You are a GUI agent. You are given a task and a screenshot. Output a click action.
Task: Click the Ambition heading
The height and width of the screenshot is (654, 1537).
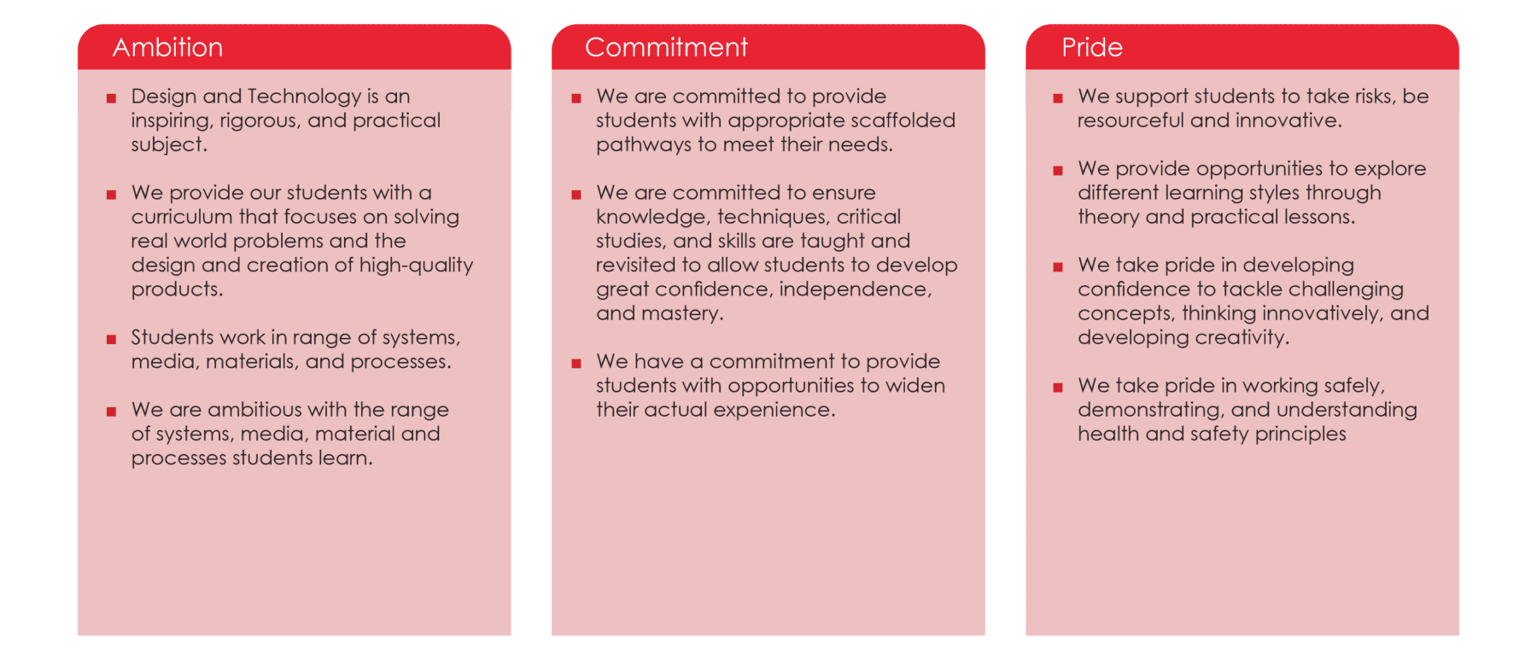tap(167, 47)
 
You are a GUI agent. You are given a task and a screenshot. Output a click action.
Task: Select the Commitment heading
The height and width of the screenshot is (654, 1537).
tap(666, 47)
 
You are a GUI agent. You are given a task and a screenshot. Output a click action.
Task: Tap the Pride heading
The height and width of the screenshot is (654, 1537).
tap(1091, 47)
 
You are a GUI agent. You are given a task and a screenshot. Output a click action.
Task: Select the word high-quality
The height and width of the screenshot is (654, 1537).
tap(416, 266)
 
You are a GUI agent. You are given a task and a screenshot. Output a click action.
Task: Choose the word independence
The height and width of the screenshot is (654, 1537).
tap(855, 289)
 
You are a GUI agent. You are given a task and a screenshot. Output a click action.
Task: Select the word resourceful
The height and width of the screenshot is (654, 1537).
tap(1131, 120)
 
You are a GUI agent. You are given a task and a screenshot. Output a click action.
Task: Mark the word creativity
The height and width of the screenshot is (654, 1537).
tap(1242, 338)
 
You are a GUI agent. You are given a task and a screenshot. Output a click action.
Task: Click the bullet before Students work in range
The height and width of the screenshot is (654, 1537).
tap(111, 339)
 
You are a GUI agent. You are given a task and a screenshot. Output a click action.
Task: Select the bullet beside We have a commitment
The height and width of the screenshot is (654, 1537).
tap(576, 363)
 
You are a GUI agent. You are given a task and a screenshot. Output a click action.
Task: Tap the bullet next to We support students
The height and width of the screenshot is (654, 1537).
tap(1058, 98)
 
